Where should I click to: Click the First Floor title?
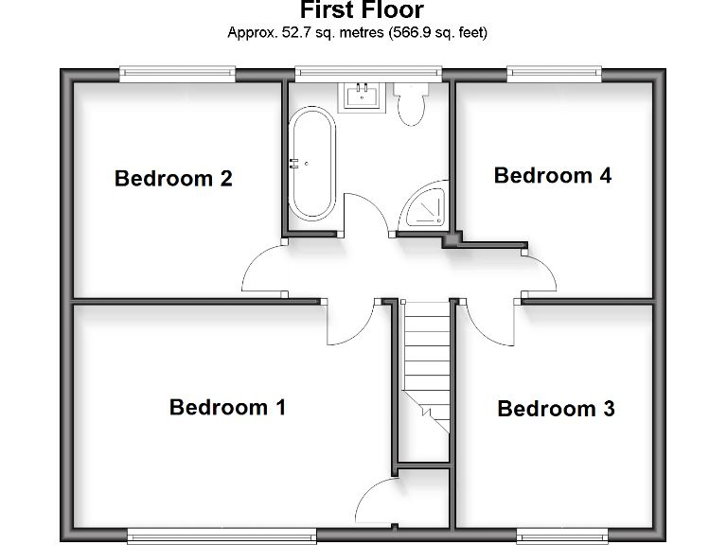(363, 10)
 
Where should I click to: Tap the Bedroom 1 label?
(227, 407)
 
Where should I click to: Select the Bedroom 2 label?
(173, 178)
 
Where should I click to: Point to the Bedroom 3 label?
(556, 409)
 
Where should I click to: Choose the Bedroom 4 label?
(553, 175)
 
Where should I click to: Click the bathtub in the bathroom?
(311, 163)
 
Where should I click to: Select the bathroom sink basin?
(363, 96)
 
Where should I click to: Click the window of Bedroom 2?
(177, 73)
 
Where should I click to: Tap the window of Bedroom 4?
(554, 73)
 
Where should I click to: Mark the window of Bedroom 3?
(561, 536)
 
